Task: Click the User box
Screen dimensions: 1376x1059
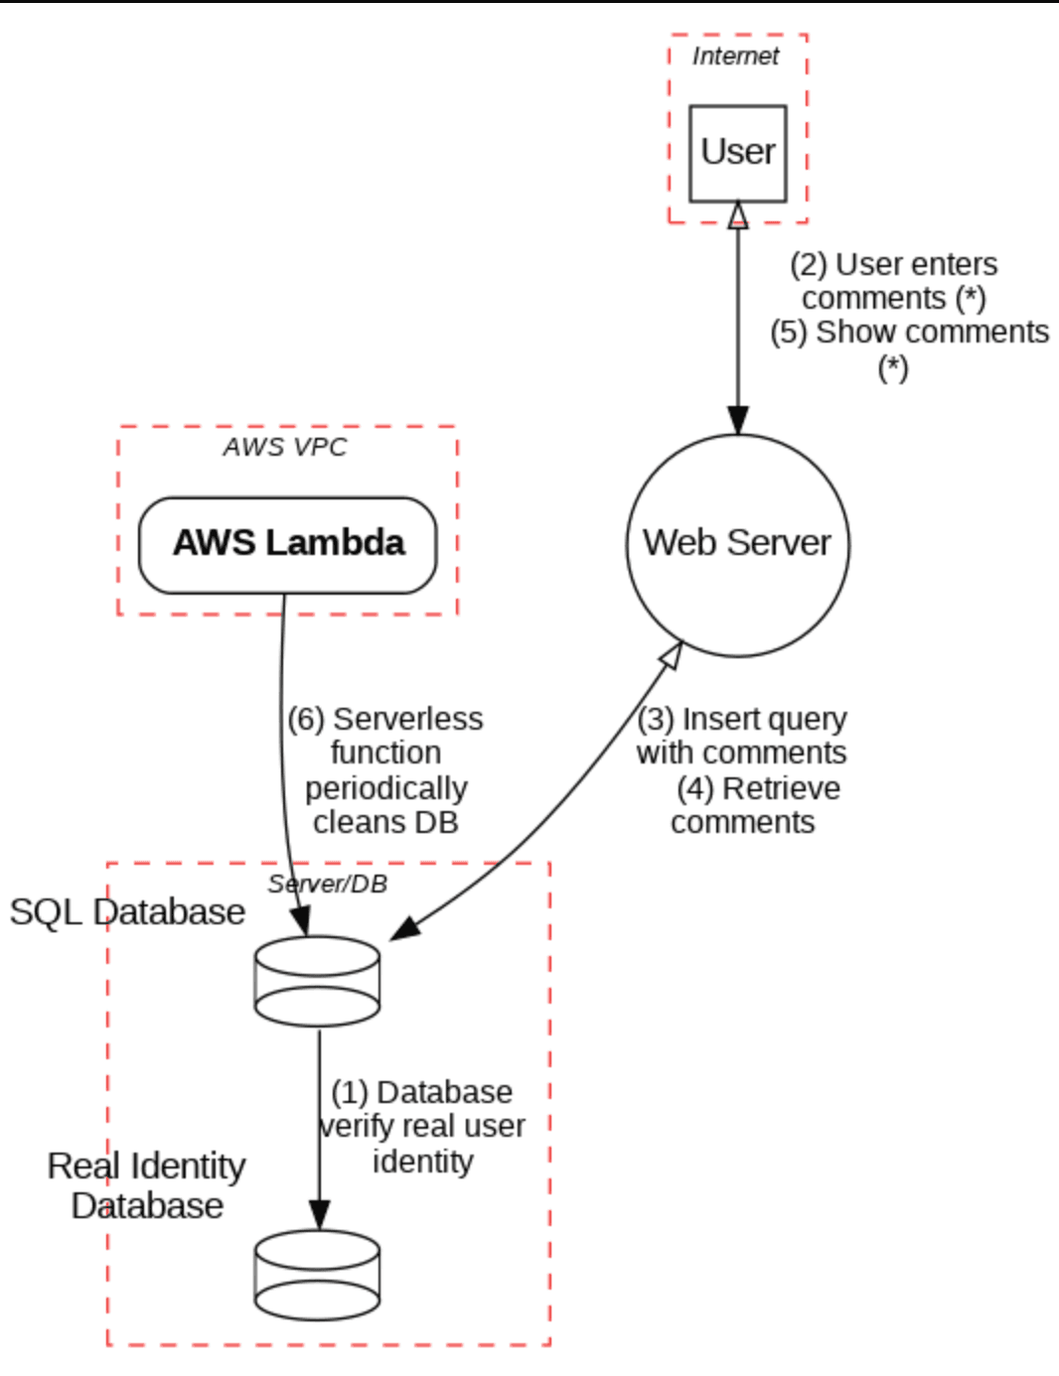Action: click(x=737, y=153)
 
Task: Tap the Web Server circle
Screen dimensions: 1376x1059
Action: click(x=737, y=544)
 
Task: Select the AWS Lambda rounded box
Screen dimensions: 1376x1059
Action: click(x=287, y=544)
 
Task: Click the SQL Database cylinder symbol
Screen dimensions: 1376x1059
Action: click(x=317, y=981)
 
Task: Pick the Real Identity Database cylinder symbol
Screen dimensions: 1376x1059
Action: click(x=317, y=1275)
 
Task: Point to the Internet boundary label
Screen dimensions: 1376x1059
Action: click(x=735, y=57)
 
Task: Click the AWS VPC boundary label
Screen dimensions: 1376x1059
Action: click(x=285, y=447)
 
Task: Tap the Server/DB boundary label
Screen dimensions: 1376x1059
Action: click(x=328, y=884)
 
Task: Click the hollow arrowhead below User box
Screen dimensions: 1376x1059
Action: click(x=737, y=214)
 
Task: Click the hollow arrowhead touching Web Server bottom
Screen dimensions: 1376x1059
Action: click(x=672, y=655)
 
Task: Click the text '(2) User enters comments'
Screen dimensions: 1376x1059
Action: click(x=893, y=281)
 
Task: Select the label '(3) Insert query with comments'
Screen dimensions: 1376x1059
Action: click(x=742, y=735)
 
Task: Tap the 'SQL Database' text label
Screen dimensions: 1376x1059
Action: click(x=127, y=911)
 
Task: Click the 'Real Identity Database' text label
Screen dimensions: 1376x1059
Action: click(x=146, y=1185)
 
